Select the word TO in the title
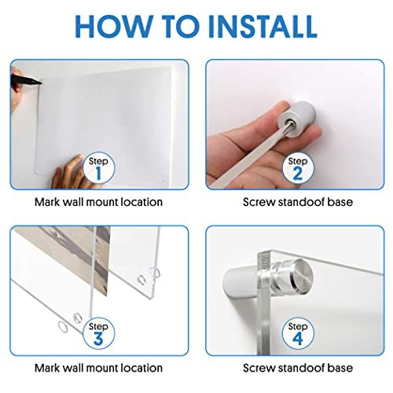(x=181, y=26)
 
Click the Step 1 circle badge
(x=99, y=167)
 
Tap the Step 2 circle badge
(x=298, y=167)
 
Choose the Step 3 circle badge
(x=99, y=333)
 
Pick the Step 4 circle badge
(x=298, y=333)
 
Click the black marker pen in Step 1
(x=26, y=79)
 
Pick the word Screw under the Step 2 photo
(x=259, y=202)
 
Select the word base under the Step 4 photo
(x=344, y=368)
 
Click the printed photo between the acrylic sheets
(x=76, y=258)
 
